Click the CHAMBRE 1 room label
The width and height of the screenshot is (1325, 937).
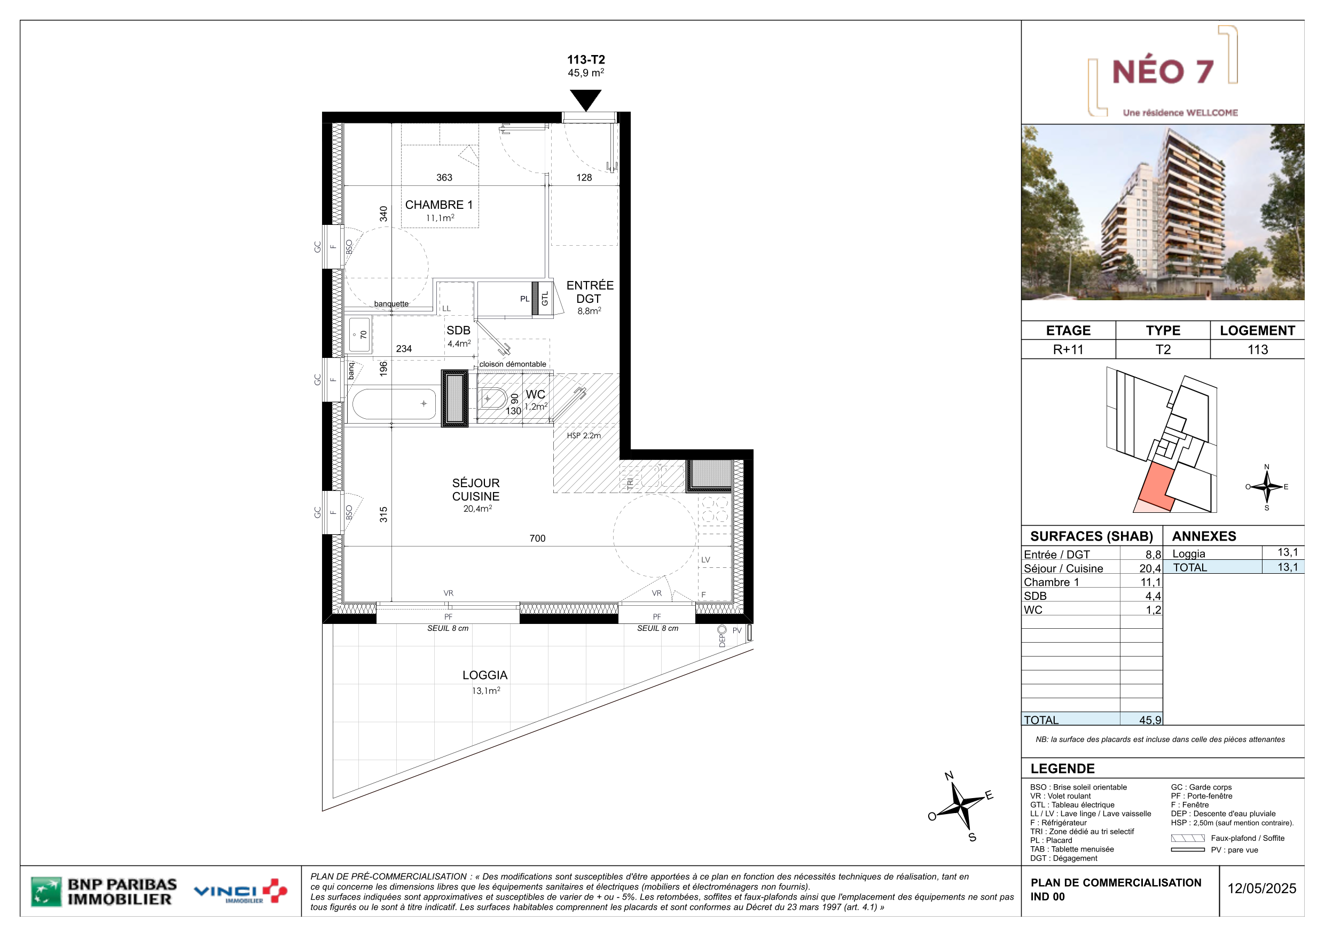(438, 205)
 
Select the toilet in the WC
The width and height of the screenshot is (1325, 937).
(492, 399)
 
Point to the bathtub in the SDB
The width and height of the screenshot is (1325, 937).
(395, 403)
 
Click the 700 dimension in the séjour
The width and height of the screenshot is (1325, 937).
(537, 538)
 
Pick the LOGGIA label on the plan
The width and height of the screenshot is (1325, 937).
(485, 675)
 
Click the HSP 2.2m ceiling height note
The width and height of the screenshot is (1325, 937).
(583, 435)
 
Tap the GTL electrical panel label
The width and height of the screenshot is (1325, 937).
(545, 299)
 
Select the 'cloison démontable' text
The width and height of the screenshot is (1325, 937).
(513, 364)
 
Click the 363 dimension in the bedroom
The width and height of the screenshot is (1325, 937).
(444, 177)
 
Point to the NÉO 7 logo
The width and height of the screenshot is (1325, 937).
(1163, 72)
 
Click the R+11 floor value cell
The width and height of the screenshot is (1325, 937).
(1068, 349)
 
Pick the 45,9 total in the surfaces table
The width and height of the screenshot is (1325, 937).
(1150, 720)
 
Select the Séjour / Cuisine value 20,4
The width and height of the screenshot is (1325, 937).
(1150, 568)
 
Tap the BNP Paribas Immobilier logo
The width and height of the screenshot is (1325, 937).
(104, 892)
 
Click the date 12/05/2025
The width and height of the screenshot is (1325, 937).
(1261, 888)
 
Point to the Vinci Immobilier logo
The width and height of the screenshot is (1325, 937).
(241, 892)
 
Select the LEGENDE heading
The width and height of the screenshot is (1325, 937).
(1062, 768)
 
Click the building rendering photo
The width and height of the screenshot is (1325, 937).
(1162, 212)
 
